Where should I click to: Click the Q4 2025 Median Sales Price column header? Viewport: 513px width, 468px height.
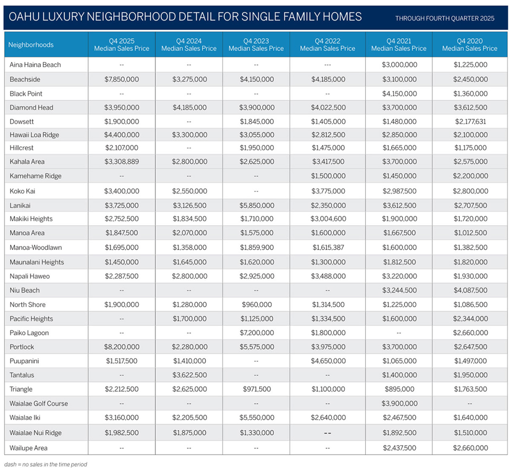point(121,45)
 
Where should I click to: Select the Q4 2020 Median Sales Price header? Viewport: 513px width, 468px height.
point(470,45)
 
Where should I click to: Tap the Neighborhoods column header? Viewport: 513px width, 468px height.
point(31,45)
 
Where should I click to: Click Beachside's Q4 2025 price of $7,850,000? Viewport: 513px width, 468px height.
point(121,79)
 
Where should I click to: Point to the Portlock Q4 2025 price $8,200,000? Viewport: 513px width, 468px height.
point(121,347)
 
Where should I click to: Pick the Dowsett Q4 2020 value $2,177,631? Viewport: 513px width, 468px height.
point(470,122)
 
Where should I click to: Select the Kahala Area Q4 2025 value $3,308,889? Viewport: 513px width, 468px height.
point(121,162)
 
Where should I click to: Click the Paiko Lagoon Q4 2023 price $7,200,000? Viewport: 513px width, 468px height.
point(256,333)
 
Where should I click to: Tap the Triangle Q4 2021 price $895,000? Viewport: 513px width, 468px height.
point(399,389)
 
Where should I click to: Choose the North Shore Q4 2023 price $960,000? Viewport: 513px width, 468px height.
point(256,305)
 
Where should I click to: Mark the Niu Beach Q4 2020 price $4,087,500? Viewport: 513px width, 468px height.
point(470,290)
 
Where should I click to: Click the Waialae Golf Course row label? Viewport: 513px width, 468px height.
point(39,403)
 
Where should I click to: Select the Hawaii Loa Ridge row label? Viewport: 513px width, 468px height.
point(34,135)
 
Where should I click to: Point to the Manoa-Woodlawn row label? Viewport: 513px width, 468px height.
point(36,247)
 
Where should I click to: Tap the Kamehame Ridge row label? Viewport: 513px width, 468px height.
point(36,176)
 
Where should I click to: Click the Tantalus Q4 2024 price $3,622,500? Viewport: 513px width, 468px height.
point(189,375)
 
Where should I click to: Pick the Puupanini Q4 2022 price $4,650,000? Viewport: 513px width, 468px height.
point(328,361)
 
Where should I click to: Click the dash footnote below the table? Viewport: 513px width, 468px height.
point(46,464)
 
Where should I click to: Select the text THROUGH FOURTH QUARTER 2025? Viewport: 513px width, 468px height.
point(444,18)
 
